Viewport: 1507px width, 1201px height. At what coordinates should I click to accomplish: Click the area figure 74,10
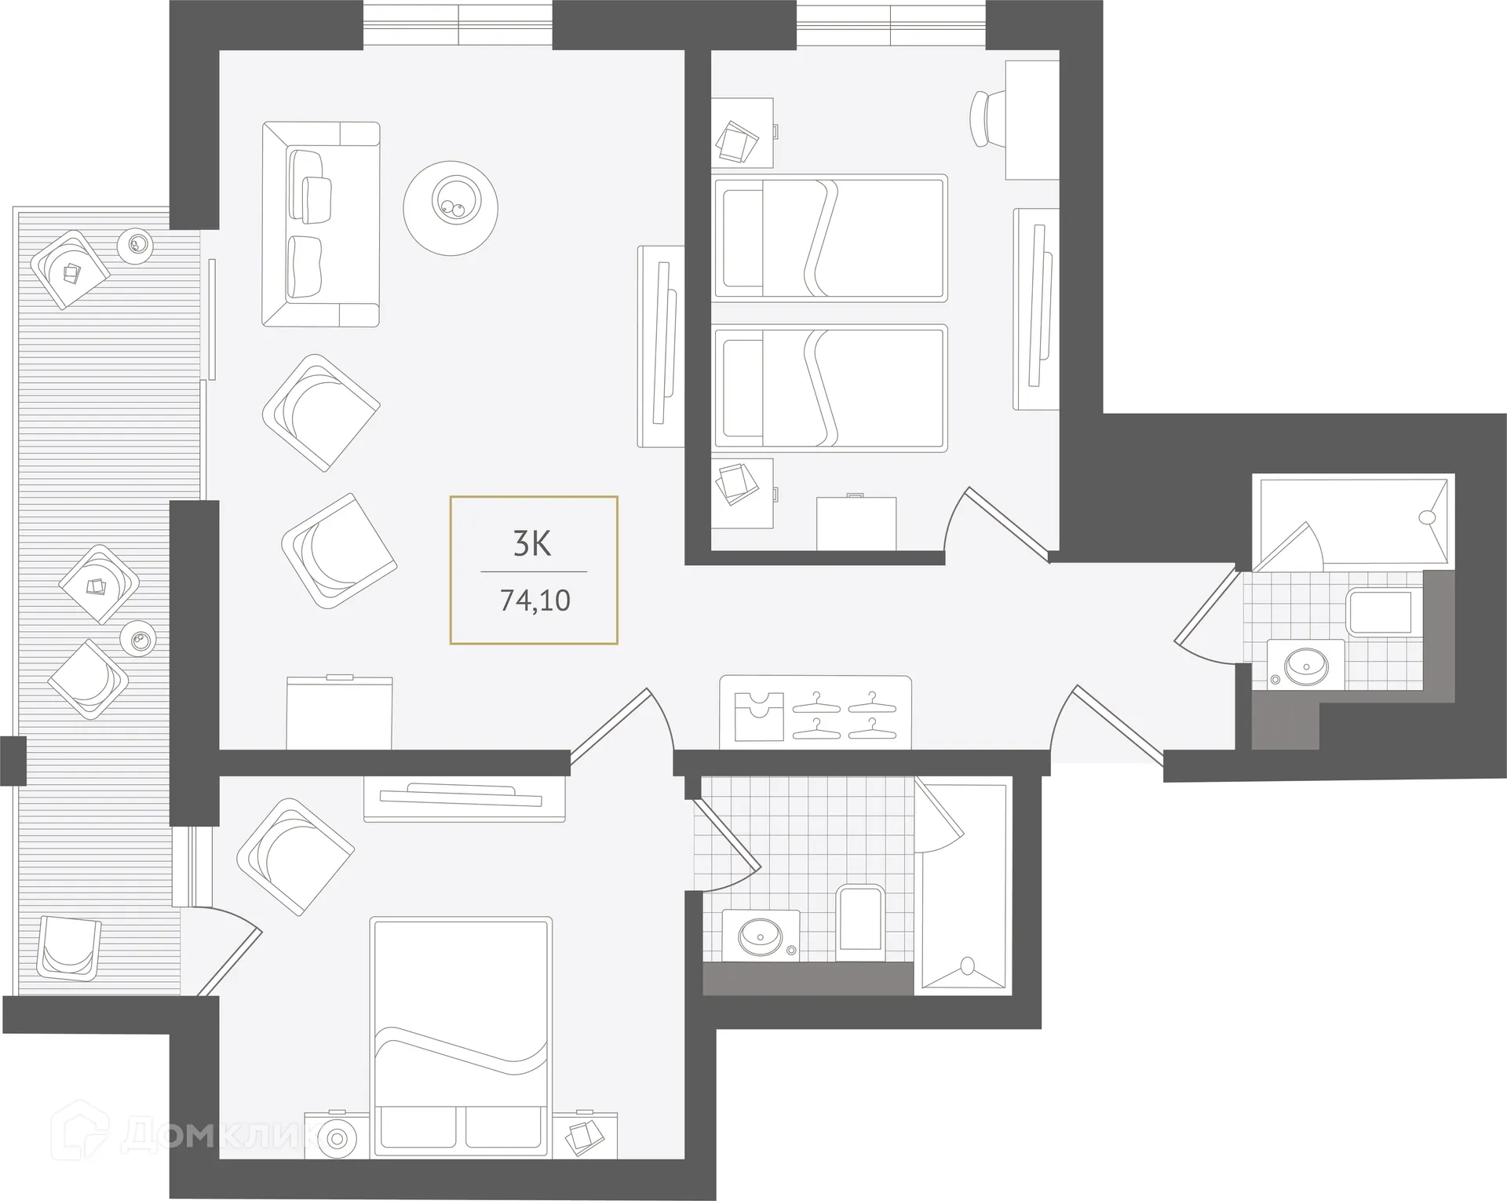click(x=535, y=600)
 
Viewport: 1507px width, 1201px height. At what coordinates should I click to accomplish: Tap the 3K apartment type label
click(x=532, y=543)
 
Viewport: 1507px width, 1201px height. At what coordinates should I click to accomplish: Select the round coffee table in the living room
click(x=451, y=208)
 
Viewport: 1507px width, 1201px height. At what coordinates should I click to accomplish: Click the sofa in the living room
click(x=320, y=225)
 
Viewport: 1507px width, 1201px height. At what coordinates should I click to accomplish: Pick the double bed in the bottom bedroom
click(x=462, y=1036)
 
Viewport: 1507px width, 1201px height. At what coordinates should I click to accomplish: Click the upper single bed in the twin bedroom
click(x=829, y=238)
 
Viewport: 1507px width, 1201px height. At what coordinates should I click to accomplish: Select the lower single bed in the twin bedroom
click(x=829, y=388)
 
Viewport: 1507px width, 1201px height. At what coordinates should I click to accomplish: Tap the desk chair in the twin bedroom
click(x=987, y=119)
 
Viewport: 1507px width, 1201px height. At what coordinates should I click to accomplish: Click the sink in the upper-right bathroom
click(x=1306, y=668)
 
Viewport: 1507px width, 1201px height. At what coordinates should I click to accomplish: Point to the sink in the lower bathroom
click(x=759, y=936)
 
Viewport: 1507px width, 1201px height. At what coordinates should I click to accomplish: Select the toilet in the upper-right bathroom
click(x=1380, y=612)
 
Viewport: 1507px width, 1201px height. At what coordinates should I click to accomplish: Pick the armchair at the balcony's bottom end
click(x=69, y=948)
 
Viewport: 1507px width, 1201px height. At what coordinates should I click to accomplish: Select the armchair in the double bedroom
click(x=295, y=857)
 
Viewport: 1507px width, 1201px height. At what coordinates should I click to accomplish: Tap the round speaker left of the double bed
click(x=338, y=1137)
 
